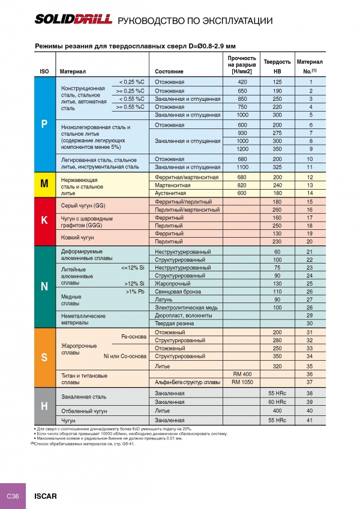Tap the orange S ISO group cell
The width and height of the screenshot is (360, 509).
click(x=44, y=358)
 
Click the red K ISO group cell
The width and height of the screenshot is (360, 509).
click(x=44, y=221)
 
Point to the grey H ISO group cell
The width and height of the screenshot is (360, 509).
click(x=44, y=406)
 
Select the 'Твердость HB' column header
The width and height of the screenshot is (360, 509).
click(x=277, y=66)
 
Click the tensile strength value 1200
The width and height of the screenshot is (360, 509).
click(x=242, y=148)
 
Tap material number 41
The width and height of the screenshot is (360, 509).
click(x=310, y=420)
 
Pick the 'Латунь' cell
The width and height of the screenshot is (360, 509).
click(x=164, y=299)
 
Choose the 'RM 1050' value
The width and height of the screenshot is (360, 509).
click(x=242, y=382)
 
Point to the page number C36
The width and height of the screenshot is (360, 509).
click(x=13, y=496)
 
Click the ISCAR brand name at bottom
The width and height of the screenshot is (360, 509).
click(x=46, y=496)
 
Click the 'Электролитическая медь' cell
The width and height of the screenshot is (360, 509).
click(x=186, y=307)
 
